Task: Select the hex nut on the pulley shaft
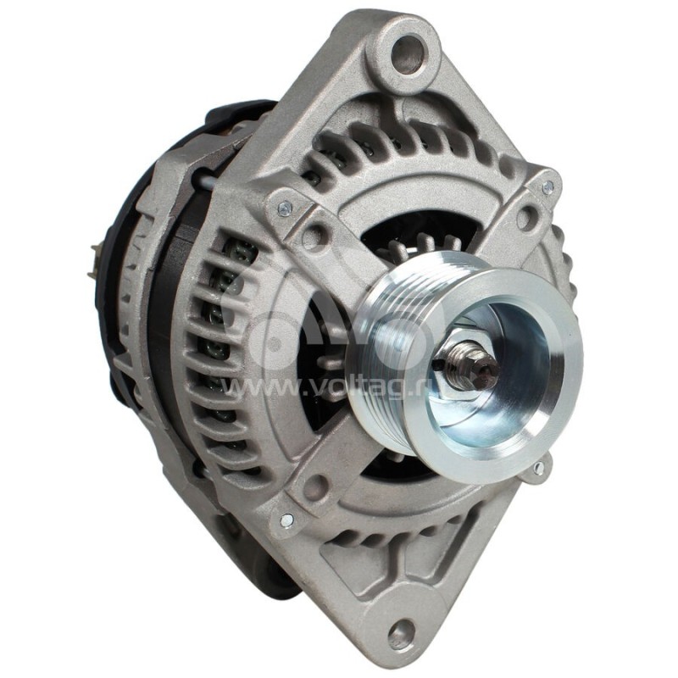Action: click(x=465, y=366)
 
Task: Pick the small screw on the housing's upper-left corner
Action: click(x=285, y=206)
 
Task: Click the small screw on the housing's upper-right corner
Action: click(x=548, y=186)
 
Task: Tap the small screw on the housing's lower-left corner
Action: click(x=285, y=519)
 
